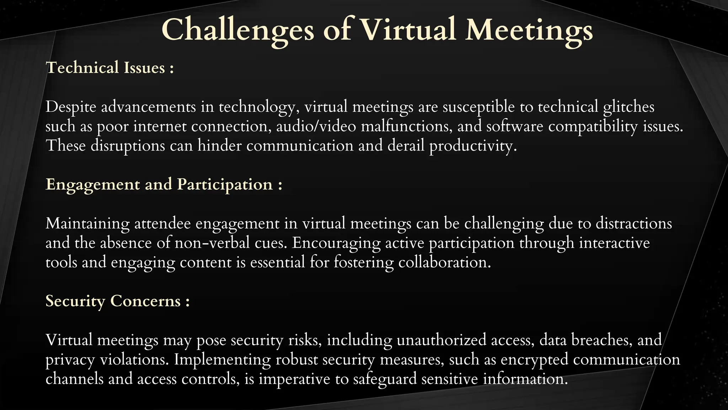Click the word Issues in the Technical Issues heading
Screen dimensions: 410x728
click(x=144, y=68)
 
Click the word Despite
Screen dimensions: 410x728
click(x=71, y=107)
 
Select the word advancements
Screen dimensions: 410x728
click(x=149, y=107)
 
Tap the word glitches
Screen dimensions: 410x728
click(x=628, y=107)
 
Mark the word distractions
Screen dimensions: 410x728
click(x=634, y=224)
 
